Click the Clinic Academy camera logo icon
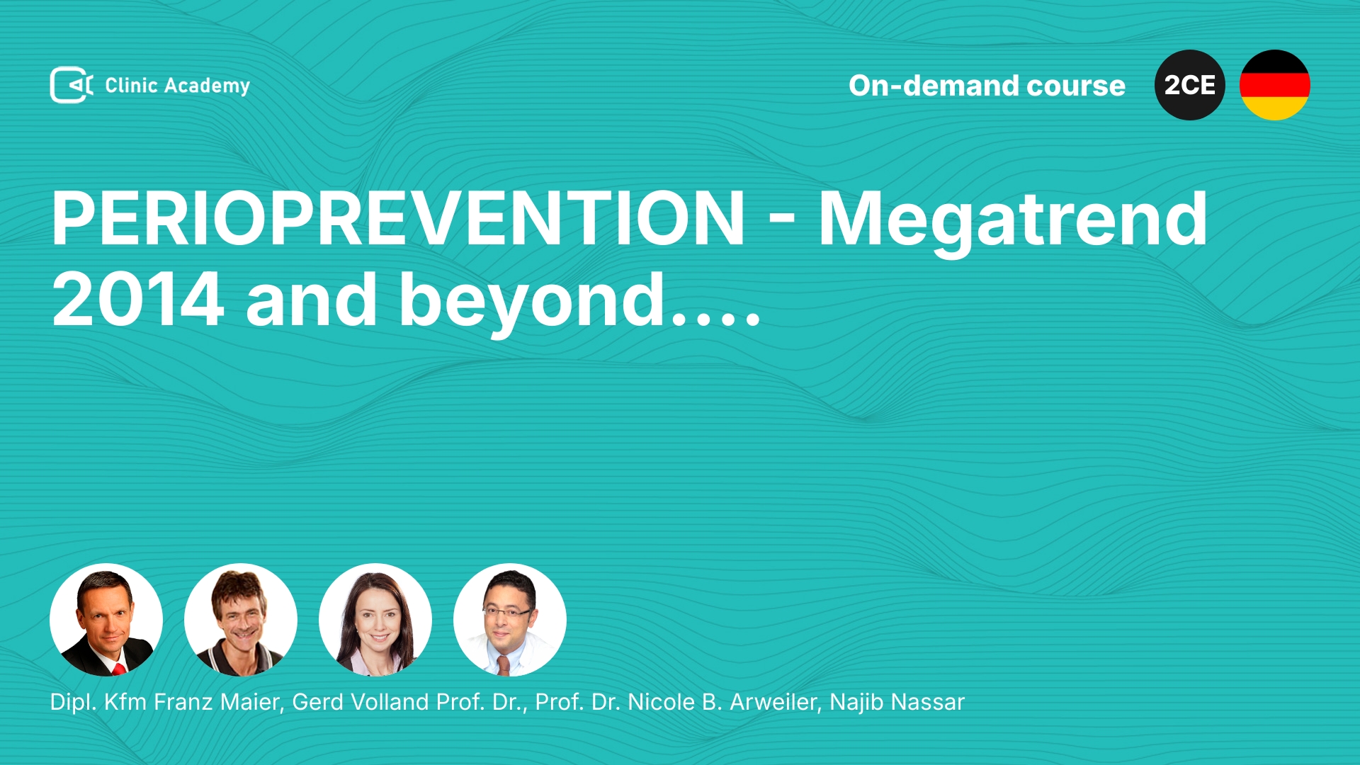click(x=72, y=85)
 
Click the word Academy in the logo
click(x=207, y=86)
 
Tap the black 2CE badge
click(x=1190, y=85)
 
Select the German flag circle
click(x=1275, y=85)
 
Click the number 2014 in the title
click(x=138, y=300)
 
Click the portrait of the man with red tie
click(x=106, y=620)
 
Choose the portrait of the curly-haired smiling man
click(x=241, y=620)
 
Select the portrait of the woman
click(x=375, y=620)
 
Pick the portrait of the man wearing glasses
click(x=510, y=620)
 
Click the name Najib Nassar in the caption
click(x=897, y=702)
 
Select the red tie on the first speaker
click(x=119, y=669)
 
